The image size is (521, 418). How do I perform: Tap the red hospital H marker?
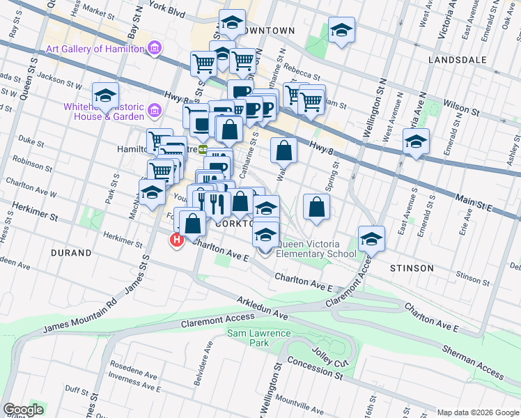[x=177, y=240]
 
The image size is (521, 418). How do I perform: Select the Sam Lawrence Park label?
[x=258, y=339]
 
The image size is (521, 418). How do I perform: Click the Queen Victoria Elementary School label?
[x=317, y=249]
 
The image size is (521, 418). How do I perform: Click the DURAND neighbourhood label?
[x=70, y=253]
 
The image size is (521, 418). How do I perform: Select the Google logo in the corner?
[x=23, y=410]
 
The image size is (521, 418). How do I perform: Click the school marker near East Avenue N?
[x=416, y=141]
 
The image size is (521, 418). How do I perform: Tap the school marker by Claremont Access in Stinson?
[x=372, y=239]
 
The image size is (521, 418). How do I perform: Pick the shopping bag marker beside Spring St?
[x=316, y=207]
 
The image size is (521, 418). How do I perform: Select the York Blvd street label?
[x=167, y=10]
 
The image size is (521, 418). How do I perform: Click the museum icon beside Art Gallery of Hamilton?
[x=155, y=49]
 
